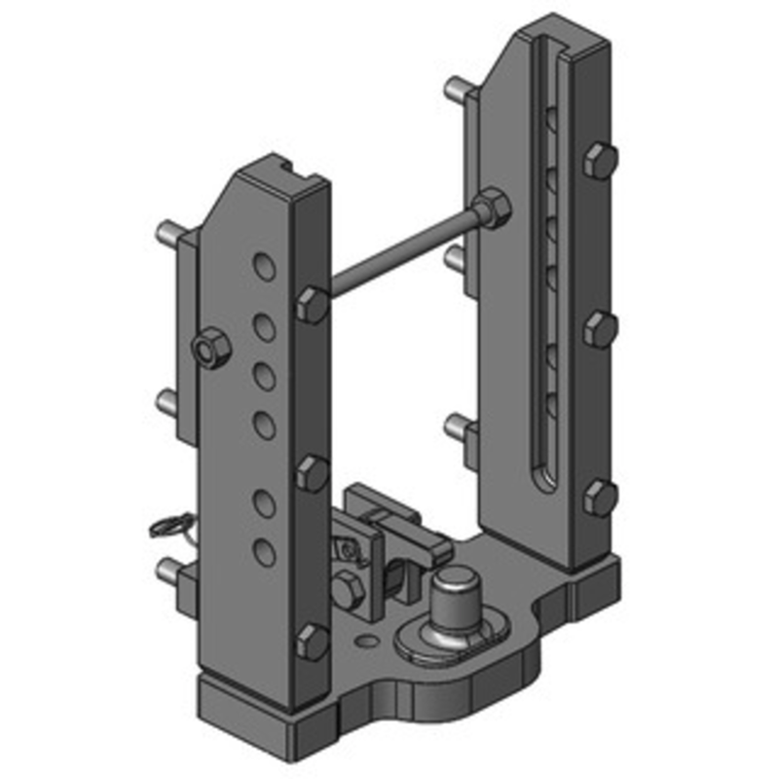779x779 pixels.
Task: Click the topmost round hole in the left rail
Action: click(263, 265)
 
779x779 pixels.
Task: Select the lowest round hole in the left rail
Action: click(263, 551)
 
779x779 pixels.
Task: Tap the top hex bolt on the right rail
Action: click(600, 161)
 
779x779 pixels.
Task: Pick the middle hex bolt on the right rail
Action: click(600, 330)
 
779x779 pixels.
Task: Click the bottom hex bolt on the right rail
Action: click(600, 498)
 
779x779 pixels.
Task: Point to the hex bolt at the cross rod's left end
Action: click(313, 304)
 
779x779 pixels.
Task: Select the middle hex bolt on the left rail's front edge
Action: click(312, 473)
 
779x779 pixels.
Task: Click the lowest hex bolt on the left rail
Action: click(312, 641)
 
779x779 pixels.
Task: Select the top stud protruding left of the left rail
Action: click(167, 234)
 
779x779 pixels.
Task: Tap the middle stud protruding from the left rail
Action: click(167, 400)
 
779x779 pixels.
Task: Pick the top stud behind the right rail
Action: click(455, 90)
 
